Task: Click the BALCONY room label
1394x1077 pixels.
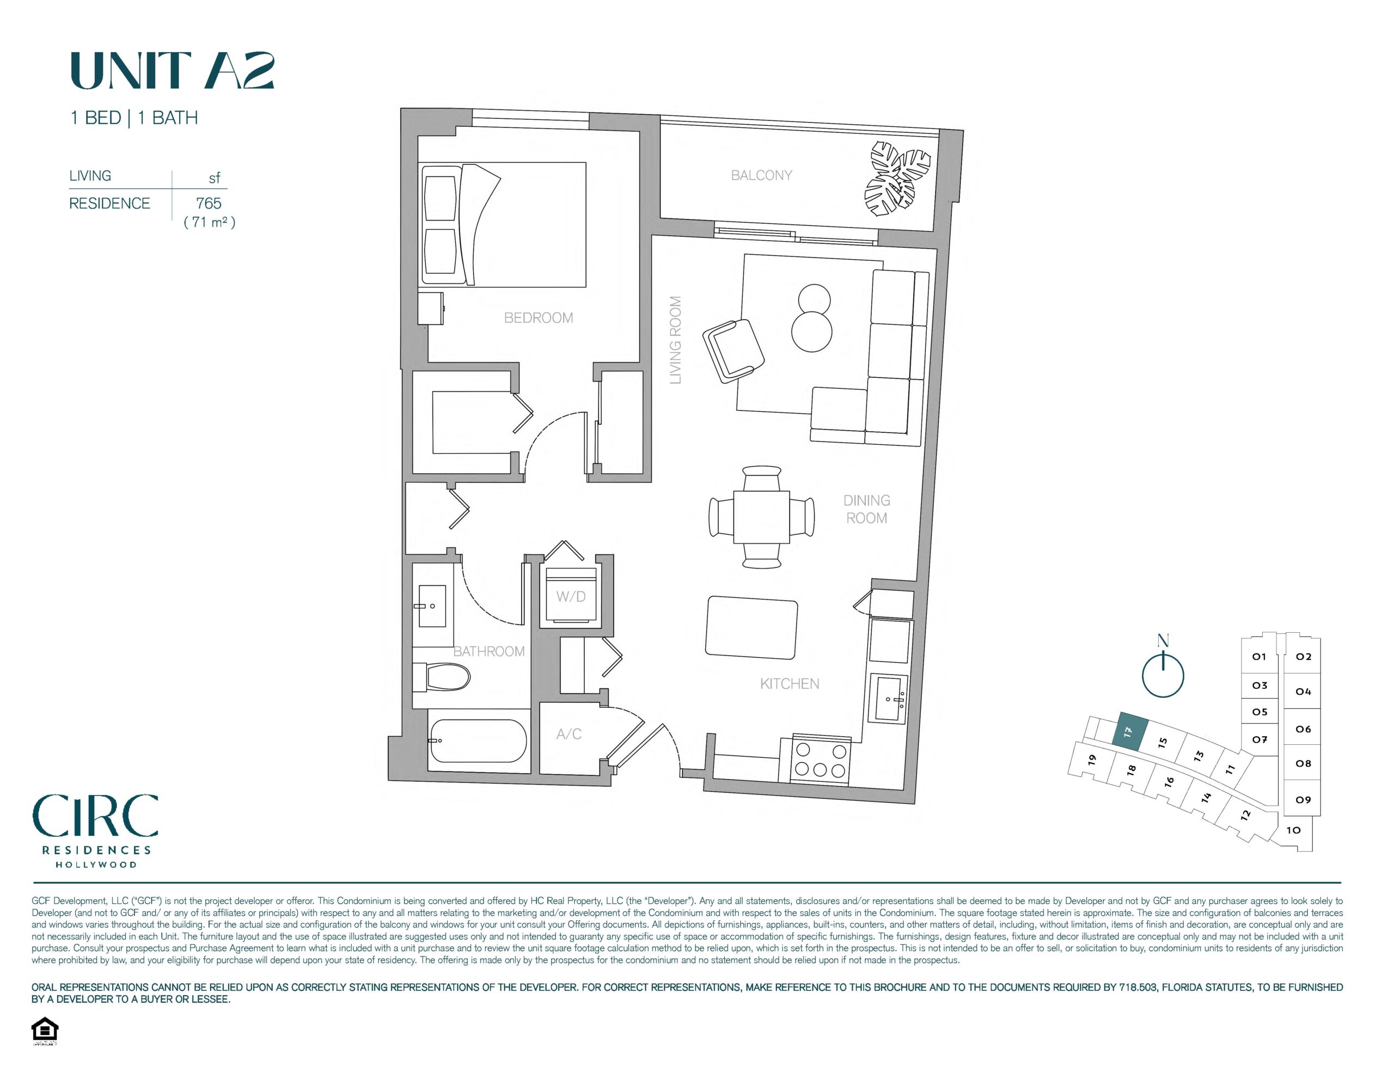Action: pyautogui.click(x=761, y=175)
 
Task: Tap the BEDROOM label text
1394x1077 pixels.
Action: pyautogui.click(x=538, y=317)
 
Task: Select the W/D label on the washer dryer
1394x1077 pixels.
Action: pyautogui.click(x=571, y=596)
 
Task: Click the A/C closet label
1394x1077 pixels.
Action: pyautogui.click(x=568, y=734)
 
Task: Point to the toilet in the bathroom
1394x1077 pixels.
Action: pyautogui.click(x=442, y=677)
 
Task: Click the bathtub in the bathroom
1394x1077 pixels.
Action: pyautogui.click(x=479, y=741)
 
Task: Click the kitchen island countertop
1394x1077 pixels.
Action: pyautogui.click(x=752, y=627)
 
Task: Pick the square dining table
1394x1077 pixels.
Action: pyautogui.click(x=761, y=517)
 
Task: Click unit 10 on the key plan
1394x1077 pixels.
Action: pyautogui.click(x=1293, y=830)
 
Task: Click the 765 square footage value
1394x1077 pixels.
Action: pyautogui.click(x=209, y=203)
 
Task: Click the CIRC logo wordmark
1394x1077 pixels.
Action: pyautogui.click(x=95, y=816)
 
